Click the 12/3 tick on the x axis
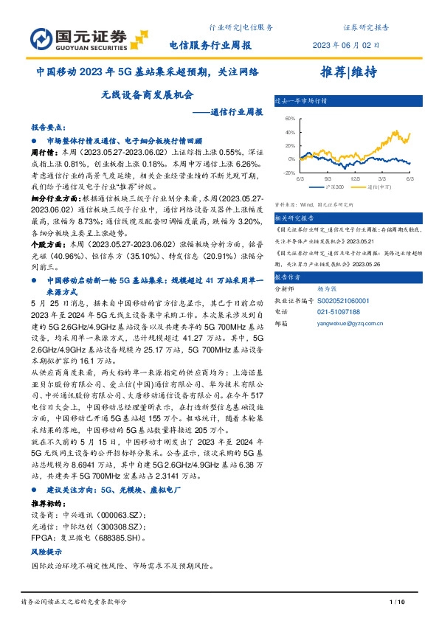[x=355, y=178]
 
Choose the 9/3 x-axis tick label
[x=328, y=178]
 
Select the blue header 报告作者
[x=289, y=278]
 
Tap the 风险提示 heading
[x=45, y=552]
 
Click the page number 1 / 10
[x=397, y=603]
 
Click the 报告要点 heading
[x=47, y=127]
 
